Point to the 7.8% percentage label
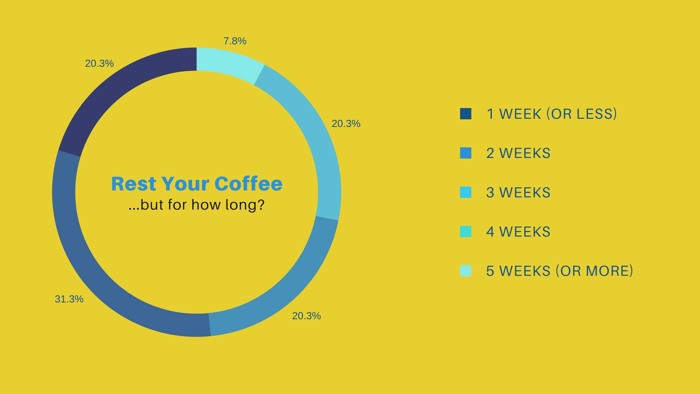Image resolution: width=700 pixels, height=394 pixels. tap(235, 41)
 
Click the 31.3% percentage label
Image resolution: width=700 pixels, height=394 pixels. tap(69, 299)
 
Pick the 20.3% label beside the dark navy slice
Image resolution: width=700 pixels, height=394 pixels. tap(99, 64)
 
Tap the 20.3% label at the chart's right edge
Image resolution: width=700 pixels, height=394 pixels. tap(346, 124)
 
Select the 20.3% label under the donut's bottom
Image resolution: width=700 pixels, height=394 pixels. tap(306, 316)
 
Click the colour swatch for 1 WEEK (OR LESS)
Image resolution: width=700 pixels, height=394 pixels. tap(466, 114)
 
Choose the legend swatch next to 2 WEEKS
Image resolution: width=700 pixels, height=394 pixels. tap(466, 153)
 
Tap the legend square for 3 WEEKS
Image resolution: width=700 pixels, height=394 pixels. tap(466, 192)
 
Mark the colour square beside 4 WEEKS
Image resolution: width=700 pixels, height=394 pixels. tap(466, 232)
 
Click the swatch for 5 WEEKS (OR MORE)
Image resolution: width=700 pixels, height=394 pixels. tap(466, 271)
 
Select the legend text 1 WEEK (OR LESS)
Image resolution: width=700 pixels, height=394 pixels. tap(552, 114)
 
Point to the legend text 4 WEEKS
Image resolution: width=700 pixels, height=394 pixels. tap(518, 232)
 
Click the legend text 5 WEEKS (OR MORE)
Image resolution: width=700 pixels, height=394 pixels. tap(559, 271)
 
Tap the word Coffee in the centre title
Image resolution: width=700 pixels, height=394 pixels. tap(249, 184)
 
